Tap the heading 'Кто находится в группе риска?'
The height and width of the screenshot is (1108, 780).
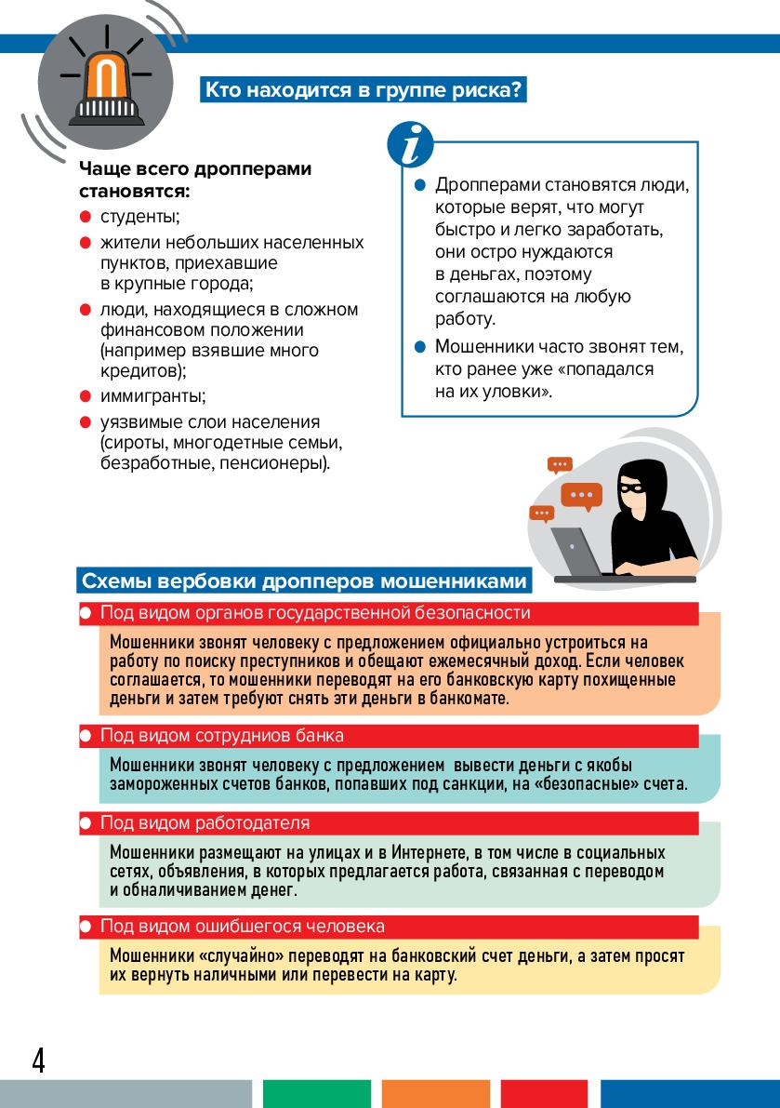pyautogui.click(x=364, y=90)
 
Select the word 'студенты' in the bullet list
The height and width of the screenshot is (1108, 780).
pyautogui.click(x=139, y=217)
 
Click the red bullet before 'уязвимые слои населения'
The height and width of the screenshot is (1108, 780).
pyautogui.click(x=84, y=422)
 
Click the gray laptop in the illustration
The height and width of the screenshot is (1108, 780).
pyautogui.click(x=577, y=553)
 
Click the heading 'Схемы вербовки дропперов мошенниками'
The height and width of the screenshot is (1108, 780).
pyautogui.click(x=305, y=581)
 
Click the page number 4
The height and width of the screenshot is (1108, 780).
pyautogui.click(x=38, y=1060)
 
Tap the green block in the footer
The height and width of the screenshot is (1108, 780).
pyautogui.click(x=316, y=1093)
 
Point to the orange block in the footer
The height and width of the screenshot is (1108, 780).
pyautogui.click(x=436, y=1093)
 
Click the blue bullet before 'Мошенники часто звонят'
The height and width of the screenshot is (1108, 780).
pyautogui.click(x=418, y=347)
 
